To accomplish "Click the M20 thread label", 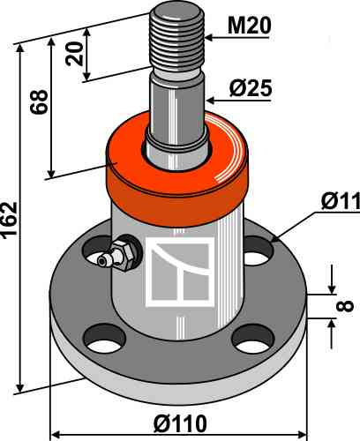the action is tap(249, 26).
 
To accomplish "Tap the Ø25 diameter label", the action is tap(251, 88).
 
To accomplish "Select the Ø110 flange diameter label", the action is tap(180, 424).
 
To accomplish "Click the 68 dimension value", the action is tap(39, 101).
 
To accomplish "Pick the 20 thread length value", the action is tap(74, 54).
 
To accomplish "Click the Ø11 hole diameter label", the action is tap(341, 201).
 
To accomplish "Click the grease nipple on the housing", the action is tap(116, 256).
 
